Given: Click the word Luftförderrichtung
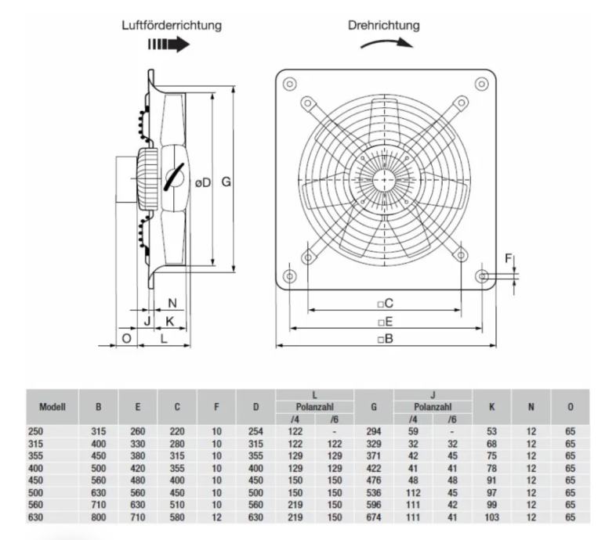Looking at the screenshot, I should click(x=171, y=25).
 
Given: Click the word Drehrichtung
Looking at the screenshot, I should click(x=383, y=25).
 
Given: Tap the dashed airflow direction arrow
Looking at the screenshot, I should click(x=168, y=46).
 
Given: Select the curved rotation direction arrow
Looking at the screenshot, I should click(x=386, y=44).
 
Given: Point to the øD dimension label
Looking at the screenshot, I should click(x=202, y=182).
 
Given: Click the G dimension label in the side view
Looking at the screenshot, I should click(x=225, y=182).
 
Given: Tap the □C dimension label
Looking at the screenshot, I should click(x=384, y=302).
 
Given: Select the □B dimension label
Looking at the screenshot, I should click(x=384, y=339).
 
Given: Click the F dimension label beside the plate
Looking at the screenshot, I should click(x=508, y=257).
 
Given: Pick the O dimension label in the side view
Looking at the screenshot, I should click(x=126, y=338).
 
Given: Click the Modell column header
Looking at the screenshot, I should click(x=51, y=407).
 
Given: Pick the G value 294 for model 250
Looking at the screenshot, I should click(x=374, y=430).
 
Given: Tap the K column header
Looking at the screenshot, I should click(x=491, y=407).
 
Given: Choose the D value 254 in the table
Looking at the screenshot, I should click(x=255, y=430).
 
